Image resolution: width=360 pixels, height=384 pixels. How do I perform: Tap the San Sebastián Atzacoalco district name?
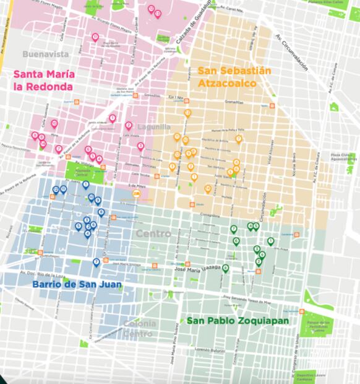[x=234, y=76]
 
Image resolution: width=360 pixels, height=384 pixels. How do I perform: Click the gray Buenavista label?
[x=45, y=54]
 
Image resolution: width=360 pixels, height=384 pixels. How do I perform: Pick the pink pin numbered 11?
[x=95, y=38]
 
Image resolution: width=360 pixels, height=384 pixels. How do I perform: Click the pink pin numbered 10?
[x=54, y=124]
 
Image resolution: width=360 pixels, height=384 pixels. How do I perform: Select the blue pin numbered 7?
[x=96, y=262]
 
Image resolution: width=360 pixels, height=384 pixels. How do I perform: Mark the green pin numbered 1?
[x=270, y=242]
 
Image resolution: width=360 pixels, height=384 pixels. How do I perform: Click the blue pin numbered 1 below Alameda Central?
[x=85, y=185]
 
